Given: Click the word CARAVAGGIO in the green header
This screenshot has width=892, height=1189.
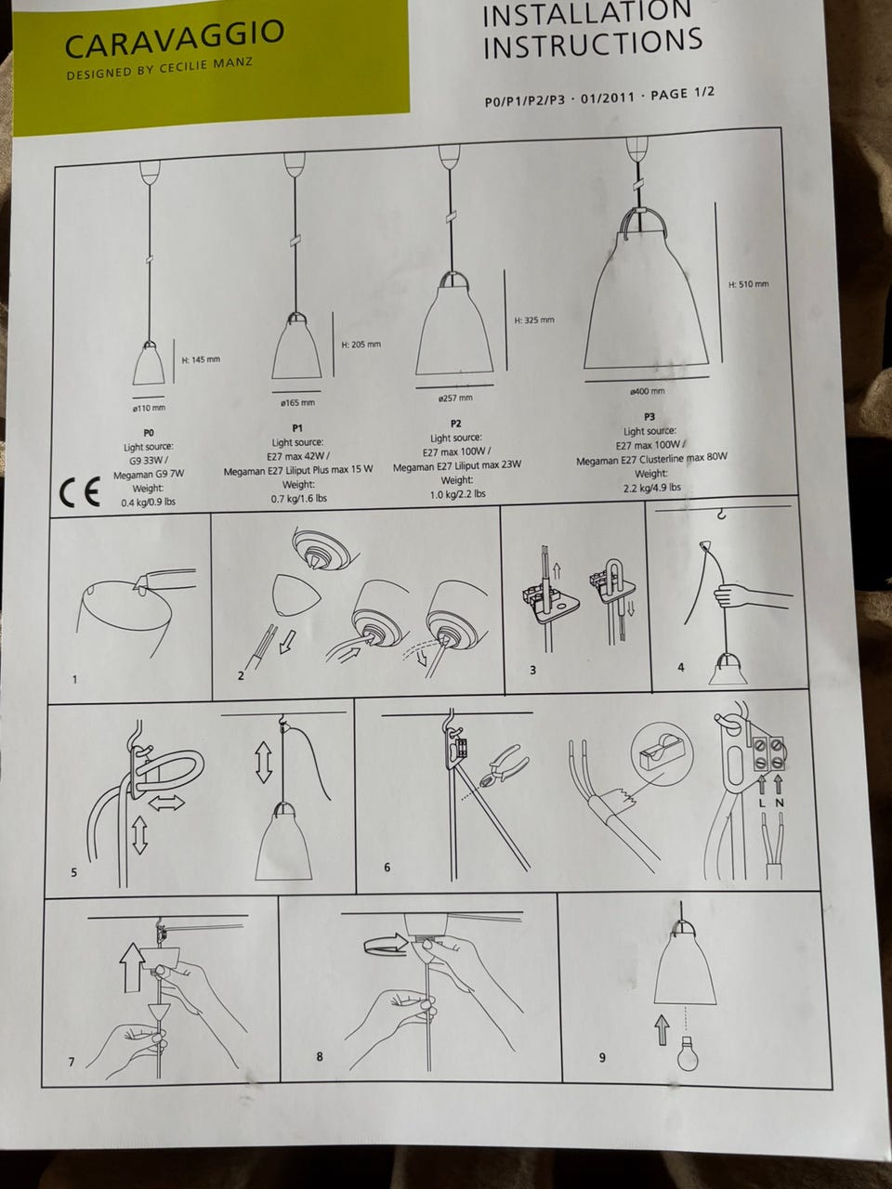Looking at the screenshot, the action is pos(175,39).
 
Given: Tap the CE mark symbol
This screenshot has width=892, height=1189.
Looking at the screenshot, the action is pos(80,492).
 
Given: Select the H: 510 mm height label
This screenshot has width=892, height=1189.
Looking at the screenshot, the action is pos(749,284).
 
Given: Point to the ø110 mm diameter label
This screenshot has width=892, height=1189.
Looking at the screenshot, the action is pos(149,408).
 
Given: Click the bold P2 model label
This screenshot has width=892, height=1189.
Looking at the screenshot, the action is pos(455,424).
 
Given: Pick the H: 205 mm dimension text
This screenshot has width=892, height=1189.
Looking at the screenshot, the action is pos(361,344).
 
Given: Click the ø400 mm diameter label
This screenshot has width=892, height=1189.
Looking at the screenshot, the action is pos(648,391).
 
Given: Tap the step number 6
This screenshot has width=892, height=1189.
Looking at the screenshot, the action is pos(387,867).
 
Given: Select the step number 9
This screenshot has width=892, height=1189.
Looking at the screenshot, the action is pos(602,1057).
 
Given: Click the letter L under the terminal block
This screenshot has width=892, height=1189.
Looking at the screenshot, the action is pos(762,803).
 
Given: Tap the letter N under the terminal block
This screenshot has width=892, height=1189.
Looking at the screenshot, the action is pos(780,803).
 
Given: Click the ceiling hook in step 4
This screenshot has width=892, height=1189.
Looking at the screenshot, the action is pos(721,514).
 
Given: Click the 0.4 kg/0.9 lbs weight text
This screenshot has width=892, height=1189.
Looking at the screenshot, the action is pos(148,502).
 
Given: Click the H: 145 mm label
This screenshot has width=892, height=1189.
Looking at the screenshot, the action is pos(201,359).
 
